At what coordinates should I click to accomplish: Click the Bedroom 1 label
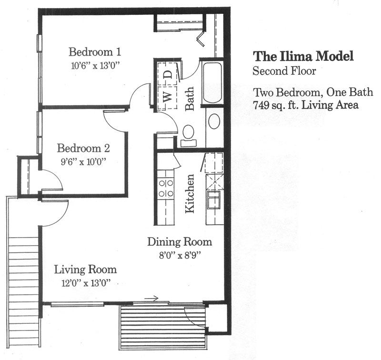point(95,52)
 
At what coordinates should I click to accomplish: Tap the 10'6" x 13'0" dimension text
point(96,66)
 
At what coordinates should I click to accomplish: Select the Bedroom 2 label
point(83,148)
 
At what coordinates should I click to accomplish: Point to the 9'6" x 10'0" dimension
point(84,161)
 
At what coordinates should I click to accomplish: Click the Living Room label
point(85,270)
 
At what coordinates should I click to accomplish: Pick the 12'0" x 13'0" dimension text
point(86,283)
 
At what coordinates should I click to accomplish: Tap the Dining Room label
point(180,242)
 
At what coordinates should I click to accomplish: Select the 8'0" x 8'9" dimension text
point(180,256)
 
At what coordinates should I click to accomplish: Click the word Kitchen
point(190,194)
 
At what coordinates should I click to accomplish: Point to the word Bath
point(190,99)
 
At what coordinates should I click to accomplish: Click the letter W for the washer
point(168,97)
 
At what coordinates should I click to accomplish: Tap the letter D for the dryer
point(168,74)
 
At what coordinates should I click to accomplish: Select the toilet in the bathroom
point(188,136)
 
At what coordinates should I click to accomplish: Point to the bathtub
point(212,83)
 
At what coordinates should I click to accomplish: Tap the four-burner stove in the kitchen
point(166,188)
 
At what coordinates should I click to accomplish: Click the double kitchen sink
point(214,200)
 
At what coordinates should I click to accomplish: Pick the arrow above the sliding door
point(151,298)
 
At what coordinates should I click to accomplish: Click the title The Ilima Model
point(303,56)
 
